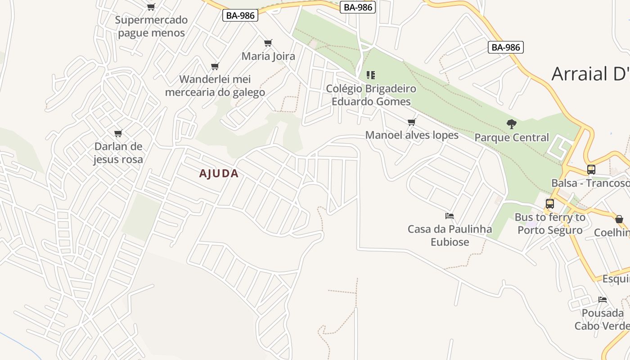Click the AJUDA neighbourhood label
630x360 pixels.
coord(219,174)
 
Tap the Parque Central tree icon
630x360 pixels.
coord(511,124)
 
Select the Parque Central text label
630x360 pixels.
coord(512,138)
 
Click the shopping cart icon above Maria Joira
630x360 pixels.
coord(268,43)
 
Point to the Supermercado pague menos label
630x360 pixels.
coord(151,26)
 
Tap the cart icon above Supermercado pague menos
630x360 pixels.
coord(151,7)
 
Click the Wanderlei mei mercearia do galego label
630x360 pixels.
coord(215,85)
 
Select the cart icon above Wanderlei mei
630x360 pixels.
coord(215,67)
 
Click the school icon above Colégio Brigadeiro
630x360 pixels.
coord(371,75)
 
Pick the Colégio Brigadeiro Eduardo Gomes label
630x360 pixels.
coord(371,95)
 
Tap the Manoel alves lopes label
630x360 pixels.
coord(412,135)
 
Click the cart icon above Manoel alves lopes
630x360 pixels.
coord(411,122)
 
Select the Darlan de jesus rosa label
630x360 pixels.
coord(118,153)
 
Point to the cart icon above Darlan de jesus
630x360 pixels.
coord(118,133)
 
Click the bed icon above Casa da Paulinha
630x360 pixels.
coord(449,216)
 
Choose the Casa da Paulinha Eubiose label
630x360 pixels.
coord(450,235)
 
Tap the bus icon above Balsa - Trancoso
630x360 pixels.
coord(591,170)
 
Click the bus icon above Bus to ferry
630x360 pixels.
coord(549,204)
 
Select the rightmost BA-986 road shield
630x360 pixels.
coord(506,47)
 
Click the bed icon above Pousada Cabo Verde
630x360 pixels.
coord(603,300)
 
